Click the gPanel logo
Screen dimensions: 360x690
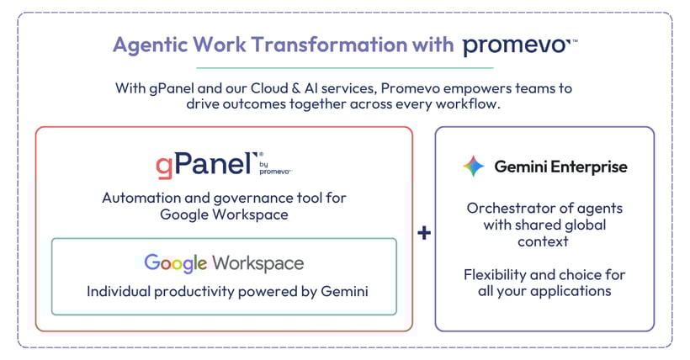point(204,163)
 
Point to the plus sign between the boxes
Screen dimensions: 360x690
point(424,231)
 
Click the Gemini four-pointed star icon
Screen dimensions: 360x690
point(474,167)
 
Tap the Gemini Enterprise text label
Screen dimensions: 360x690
point(560,167)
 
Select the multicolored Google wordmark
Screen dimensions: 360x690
point(175,263)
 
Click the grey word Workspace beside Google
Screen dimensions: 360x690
point(257,263)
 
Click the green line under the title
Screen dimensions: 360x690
point(345,67)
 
